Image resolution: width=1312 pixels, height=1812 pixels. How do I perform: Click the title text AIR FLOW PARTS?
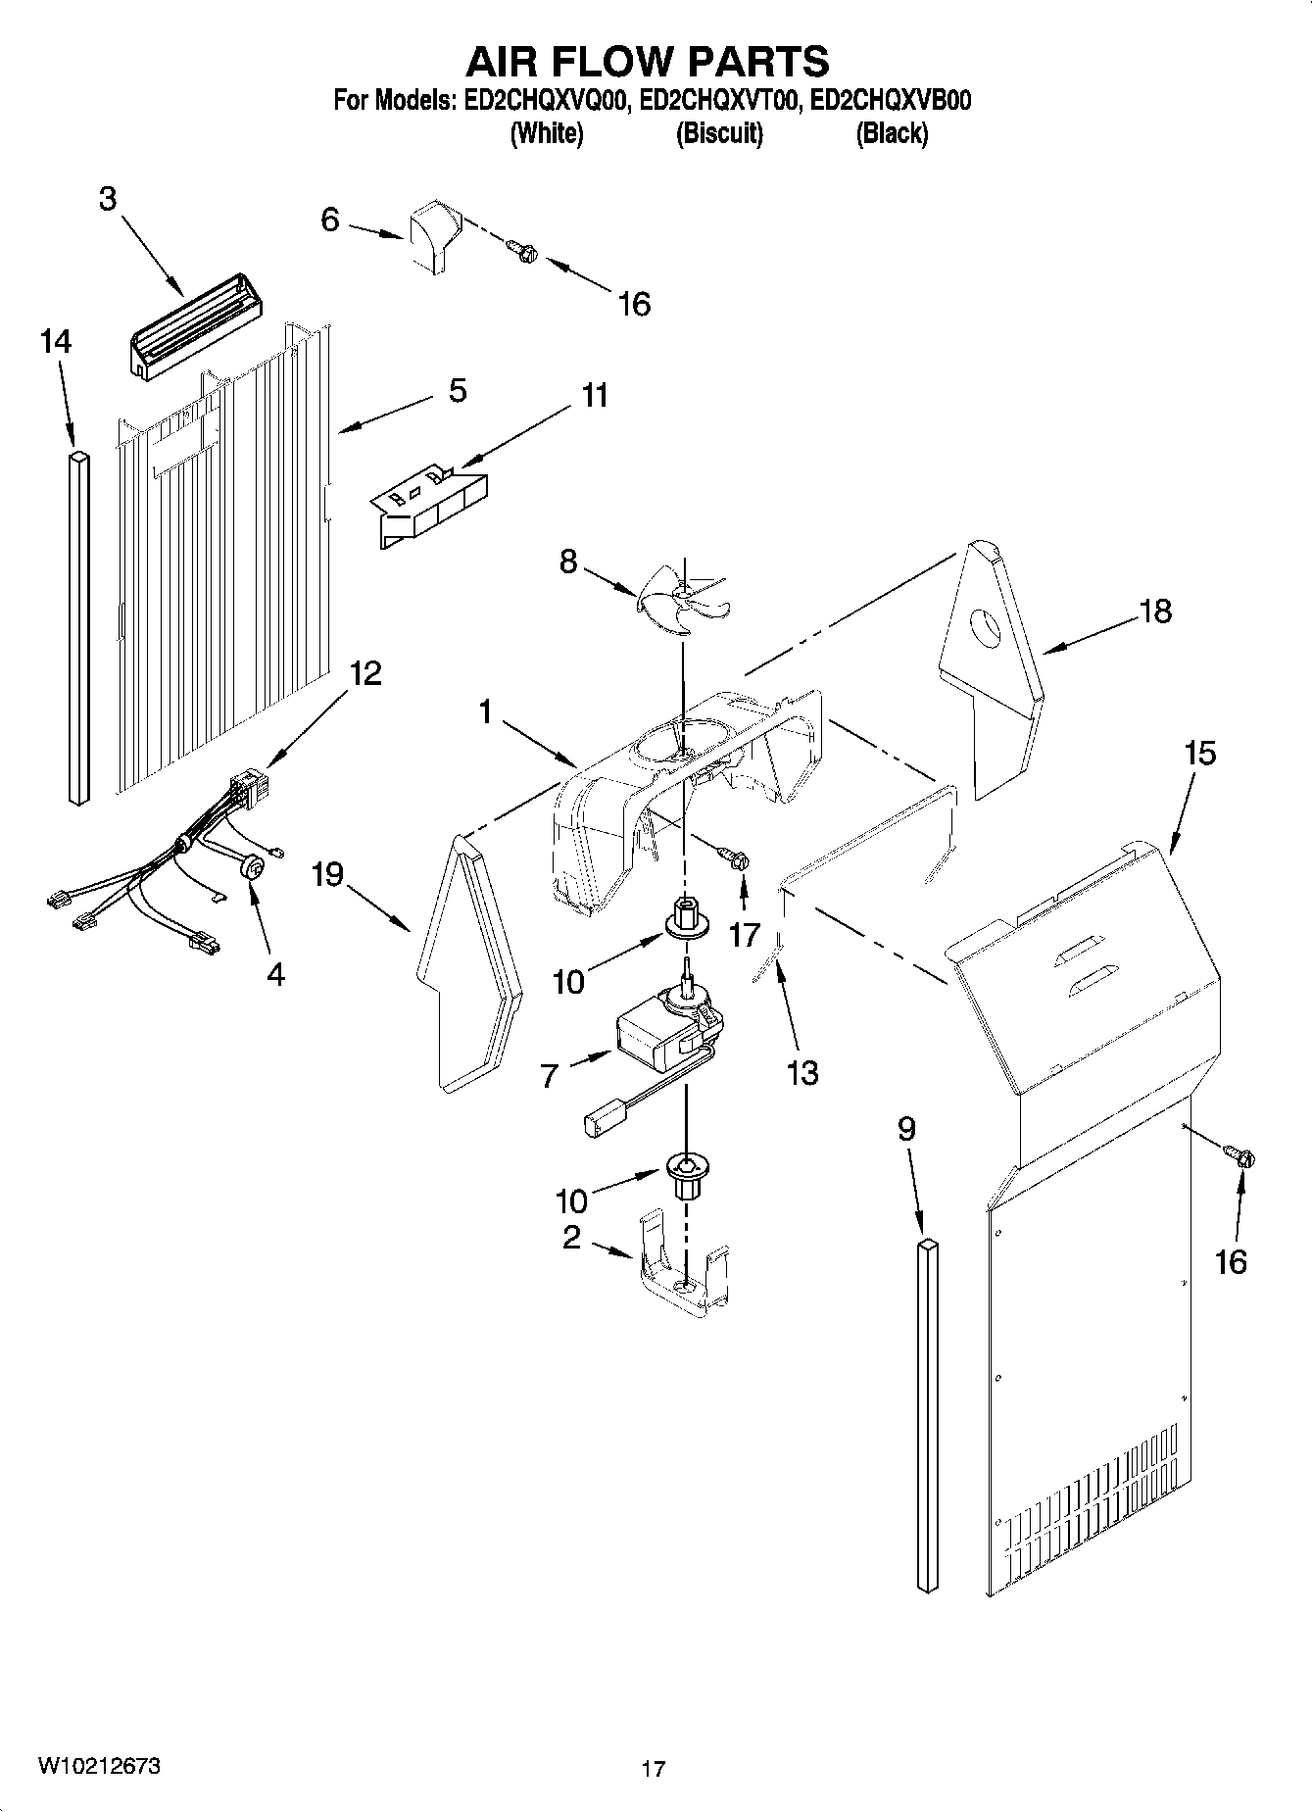647,62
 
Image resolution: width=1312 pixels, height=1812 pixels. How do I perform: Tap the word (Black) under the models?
891,134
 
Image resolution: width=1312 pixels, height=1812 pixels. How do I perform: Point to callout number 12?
364,674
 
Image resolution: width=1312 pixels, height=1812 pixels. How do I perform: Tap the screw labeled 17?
735,859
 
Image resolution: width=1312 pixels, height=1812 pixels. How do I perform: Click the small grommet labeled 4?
252,866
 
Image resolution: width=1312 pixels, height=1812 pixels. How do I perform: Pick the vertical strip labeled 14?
79,627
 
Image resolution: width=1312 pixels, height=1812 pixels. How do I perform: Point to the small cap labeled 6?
432,235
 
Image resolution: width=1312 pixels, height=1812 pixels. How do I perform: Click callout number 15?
1200,754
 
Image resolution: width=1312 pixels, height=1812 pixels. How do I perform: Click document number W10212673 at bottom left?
100,1765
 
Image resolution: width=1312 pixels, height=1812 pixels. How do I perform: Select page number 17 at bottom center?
654,1769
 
